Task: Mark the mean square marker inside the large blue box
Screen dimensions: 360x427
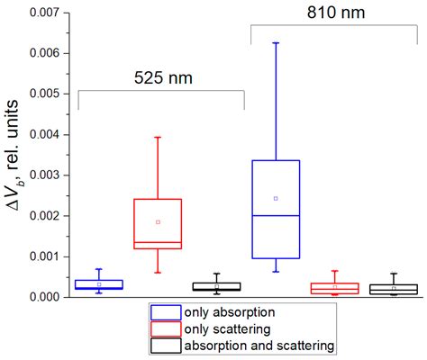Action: tap(276, 198)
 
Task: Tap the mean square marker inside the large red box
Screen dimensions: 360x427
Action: tap(158, 221)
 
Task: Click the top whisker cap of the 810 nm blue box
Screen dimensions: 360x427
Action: tap(276, 42)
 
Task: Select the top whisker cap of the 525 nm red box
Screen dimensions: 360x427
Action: tap(158, 137)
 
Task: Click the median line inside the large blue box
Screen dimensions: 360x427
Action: tap(276, 216)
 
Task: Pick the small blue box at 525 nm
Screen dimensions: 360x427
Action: tap(99, 283)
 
